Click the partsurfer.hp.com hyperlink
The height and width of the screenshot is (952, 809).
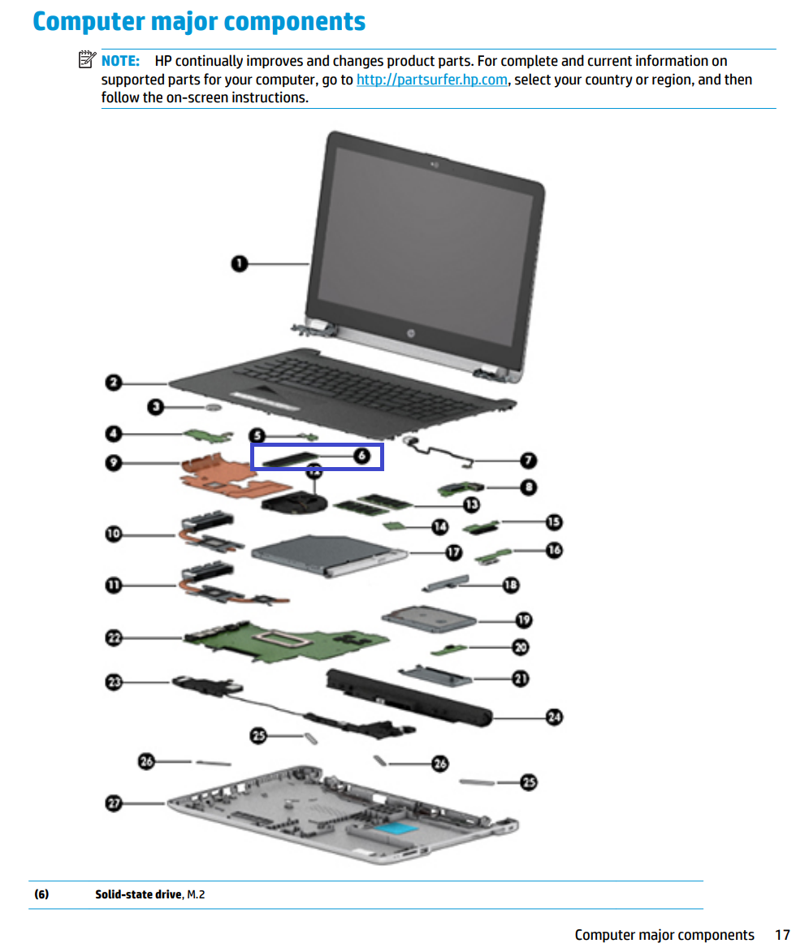(432, 80)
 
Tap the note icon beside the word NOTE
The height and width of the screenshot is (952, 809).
(87, 60)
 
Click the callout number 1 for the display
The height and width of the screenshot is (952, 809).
(239, 263)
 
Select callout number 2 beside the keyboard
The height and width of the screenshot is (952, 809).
(114, 383)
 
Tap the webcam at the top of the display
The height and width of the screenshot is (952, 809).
(437, 167)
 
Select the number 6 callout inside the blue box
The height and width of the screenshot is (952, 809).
(362, 457)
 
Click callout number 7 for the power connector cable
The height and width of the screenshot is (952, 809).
(528, 461)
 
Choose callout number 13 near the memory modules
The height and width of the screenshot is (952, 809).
(471, 504)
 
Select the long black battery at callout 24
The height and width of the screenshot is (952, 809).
(406, 695)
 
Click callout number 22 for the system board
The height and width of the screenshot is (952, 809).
(114, 638)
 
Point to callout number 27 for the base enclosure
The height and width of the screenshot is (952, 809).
(114, 803)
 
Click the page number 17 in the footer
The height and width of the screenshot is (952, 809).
(782, 935)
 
